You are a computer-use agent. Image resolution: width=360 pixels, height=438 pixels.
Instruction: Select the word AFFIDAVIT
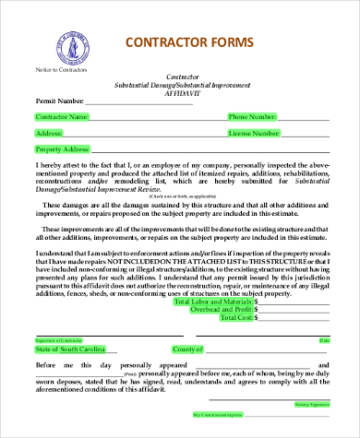[x=181, y=94]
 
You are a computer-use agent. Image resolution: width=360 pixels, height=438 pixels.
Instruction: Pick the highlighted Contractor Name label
[x=62, y=117]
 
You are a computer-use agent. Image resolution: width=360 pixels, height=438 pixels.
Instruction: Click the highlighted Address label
[x=49, y=133]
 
